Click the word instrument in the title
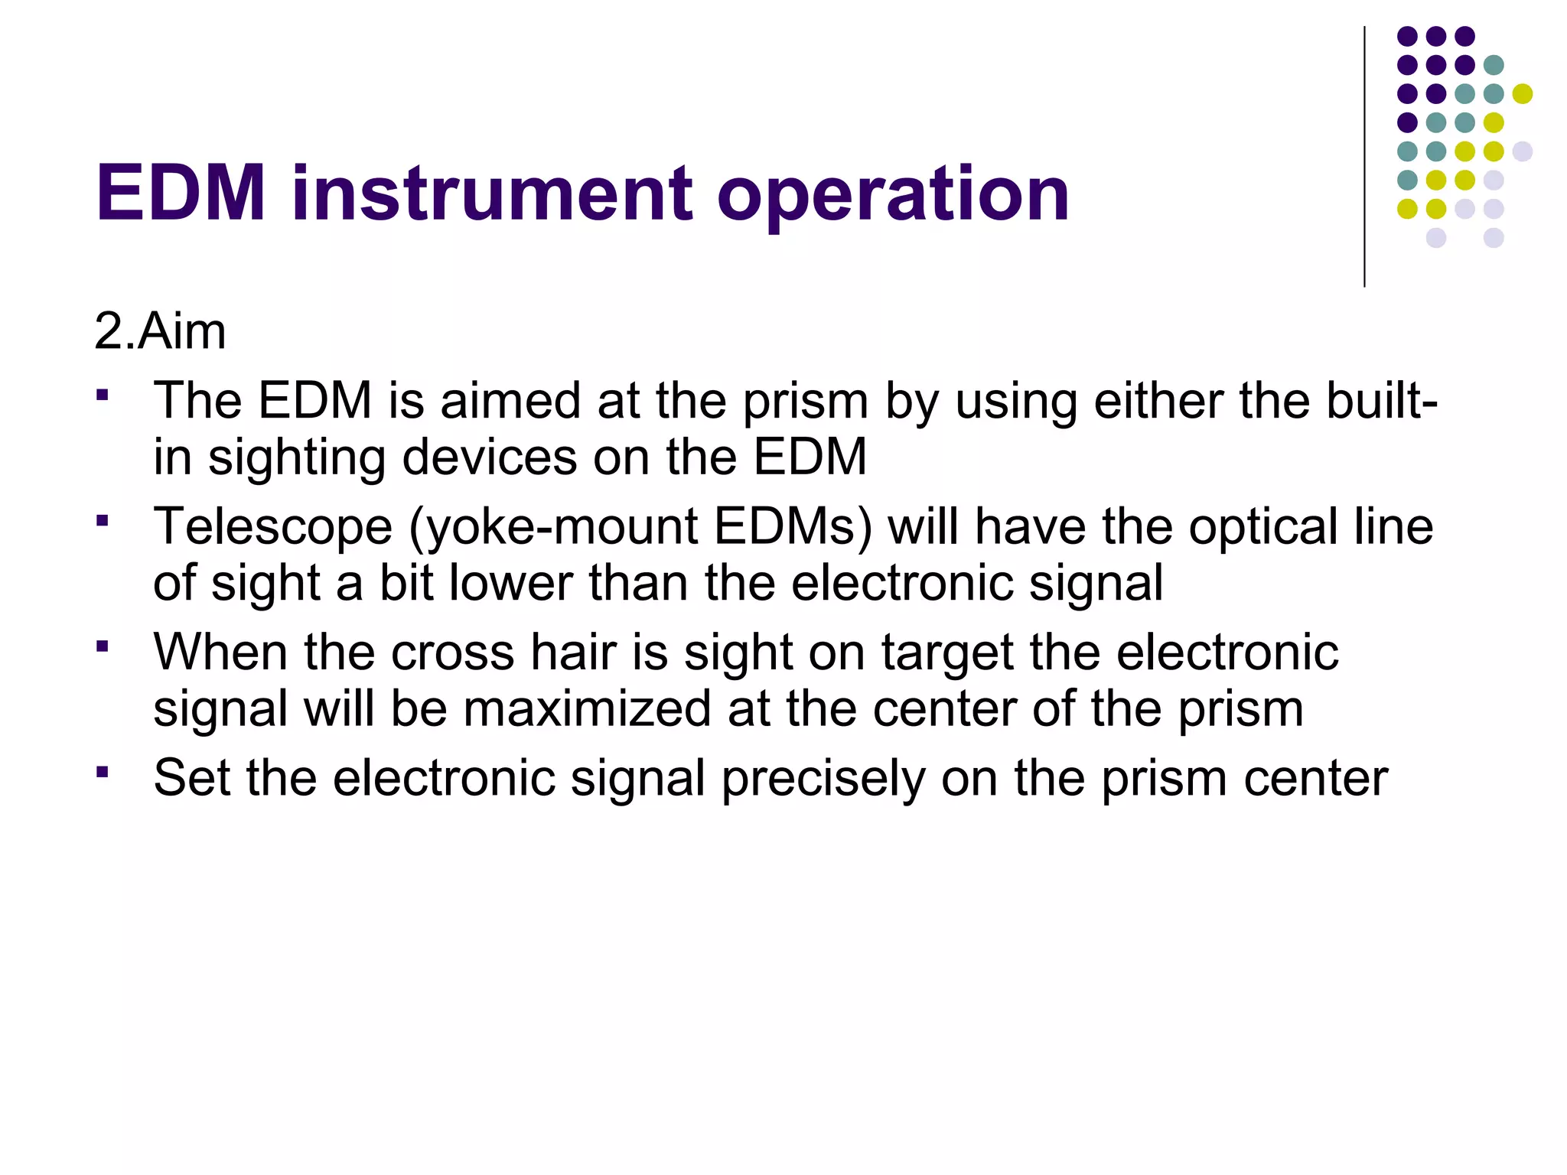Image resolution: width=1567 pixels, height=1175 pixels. click(492, 194)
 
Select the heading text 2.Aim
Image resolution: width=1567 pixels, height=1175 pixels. click(160, 332)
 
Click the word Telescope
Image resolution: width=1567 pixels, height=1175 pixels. click(273, 527)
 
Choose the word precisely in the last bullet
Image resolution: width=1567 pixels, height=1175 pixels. click(823, 779)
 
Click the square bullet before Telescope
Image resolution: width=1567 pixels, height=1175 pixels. click(103, 521)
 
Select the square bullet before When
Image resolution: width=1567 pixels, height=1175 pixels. click(103, 646)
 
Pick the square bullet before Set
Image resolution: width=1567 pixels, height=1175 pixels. click(103, 771)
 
